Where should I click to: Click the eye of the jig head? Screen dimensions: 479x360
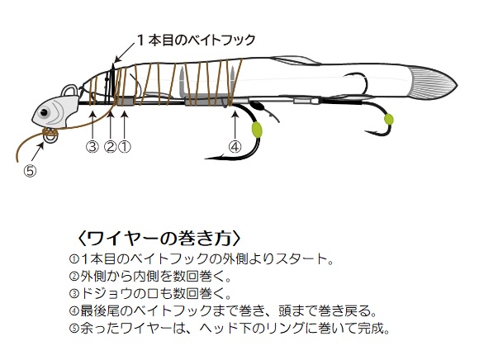coord(44,112)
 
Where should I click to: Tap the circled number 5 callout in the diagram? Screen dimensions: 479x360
coord(30,171)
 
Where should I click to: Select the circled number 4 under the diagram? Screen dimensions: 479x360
coord(235,147)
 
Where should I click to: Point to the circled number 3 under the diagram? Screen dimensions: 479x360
coord(92,147)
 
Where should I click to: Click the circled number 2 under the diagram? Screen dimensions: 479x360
coord(111,147)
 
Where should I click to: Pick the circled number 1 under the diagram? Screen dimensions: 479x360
coord(125,147)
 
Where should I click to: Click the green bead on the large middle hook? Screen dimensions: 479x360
coord(257,130)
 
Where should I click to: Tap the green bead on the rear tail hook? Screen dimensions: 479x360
coord(389,120)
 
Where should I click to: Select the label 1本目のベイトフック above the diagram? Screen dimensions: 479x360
coord(197,40)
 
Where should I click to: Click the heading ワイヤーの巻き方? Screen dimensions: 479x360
coord(159,238)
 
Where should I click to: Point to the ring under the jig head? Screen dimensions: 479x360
coord(50,137)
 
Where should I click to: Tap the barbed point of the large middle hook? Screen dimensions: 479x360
coord(211,159)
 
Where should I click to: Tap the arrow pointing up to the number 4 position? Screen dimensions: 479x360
coord(235,126)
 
